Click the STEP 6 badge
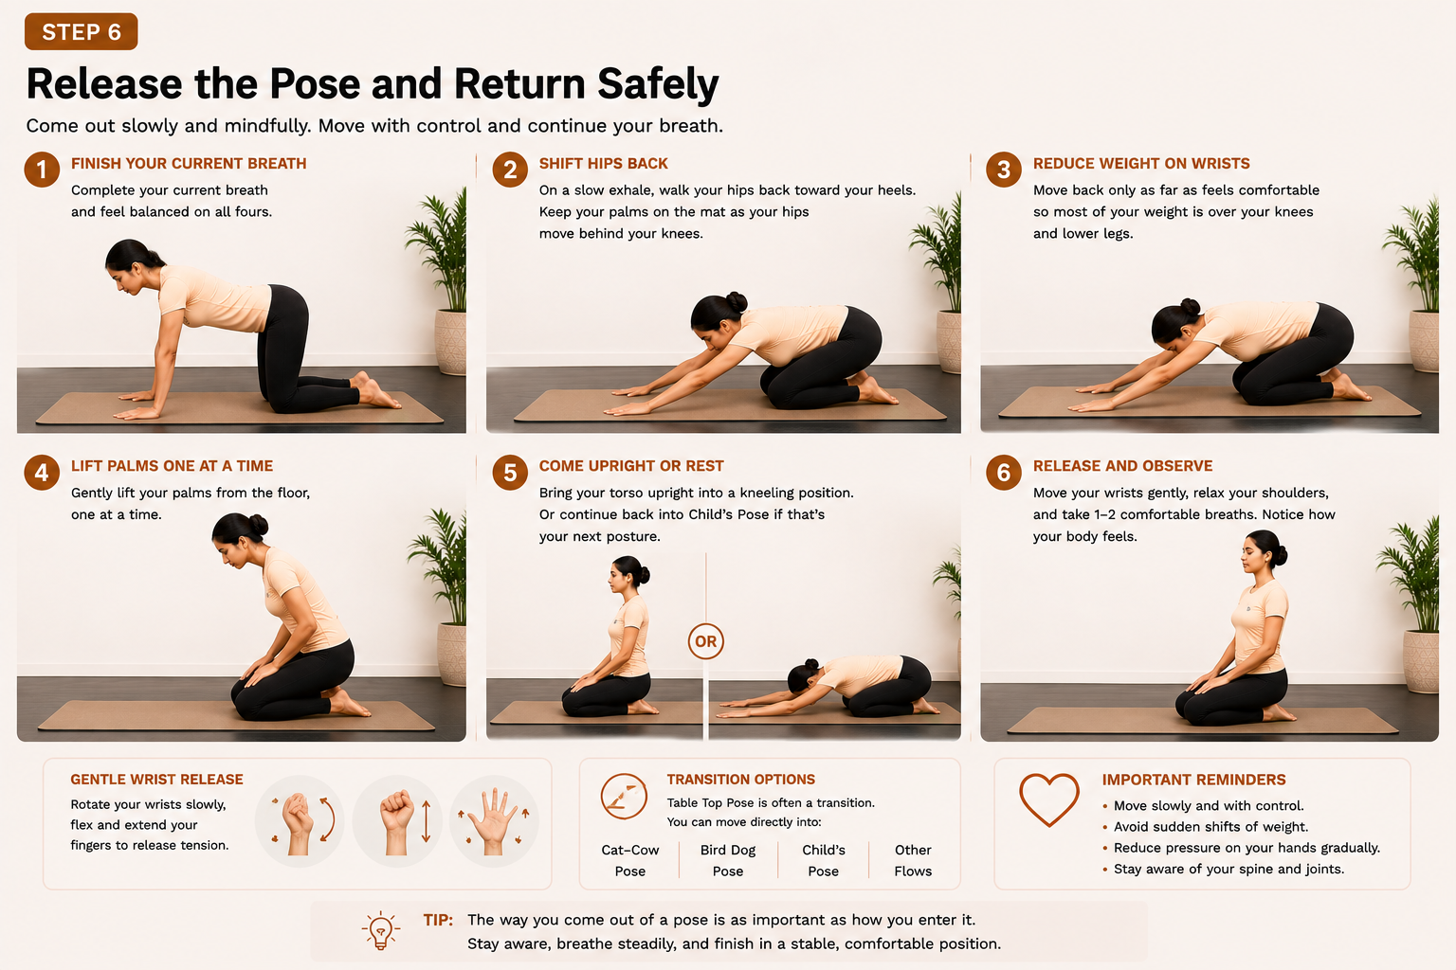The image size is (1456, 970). click(82, 31)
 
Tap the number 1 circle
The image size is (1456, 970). click(43, 170)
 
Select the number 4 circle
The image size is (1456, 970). click(43, 473)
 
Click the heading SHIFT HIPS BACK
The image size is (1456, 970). click(603, 164)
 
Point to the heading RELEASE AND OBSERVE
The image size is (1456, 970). click(1122, 466)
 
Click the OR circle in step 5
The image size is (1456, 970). click(706, 641)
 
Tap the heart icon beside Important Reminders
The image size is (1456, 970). click(1049, 799)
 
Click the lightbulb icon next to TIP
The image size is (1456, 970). click(381, 930)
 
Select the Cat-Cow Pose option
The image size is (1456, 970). click(629, 860)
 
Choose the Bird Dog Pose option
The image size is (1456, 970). click(728, 860)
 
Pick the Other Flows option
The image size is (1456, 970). click(913, 860)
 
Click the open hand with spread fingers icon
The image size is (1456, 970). click(494, 821)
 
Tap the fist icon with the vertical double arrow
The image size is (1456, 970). click(397, 821)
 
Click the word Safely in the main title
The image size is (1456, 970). click(658, 84)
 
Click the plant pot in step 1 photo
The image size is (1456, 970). click(450, 342)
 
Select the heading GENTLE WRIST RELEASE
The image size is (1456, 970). click(156, 780)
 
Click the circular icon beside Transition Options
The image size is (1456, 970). click(624, 796)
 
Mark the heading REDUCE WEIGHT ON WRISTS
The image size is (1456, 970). click(1141, 164)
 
